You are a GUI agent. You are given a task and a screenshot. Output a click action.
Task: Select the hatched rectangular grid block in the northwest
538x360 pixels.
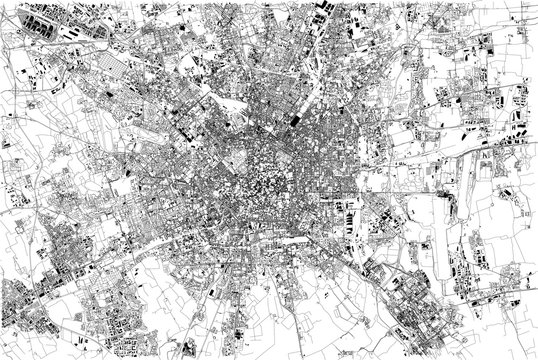pos(110,73)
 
